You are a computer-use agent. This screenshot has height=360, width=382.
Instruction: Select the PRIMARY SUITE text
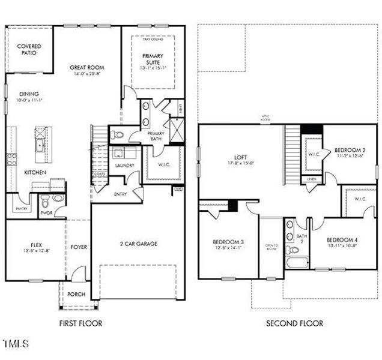point(153,59)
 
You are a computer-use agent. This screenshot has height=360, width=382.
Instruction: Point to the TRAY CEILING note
point(153,39)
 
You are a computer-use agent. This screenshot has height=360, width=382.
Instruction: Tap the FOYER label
point(79,247)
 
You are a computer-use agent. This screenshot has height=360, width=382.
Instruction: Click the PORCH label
point(76,294)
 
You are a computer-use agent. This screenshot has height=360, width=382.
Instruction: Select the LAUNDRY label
point(124,166)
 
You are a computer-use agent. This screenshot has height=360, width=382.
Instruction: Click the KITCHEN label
point(35,172)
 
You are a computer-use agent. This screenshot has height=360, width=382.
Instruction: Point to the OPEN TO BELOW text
point(271,248)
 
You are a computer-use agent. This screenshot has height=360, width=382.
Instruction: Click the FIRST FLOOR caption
point(80,323)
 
